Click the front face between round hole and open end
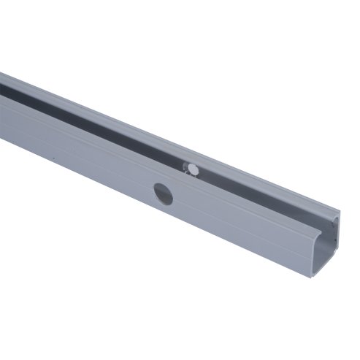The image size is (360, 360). coord(241,226)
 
